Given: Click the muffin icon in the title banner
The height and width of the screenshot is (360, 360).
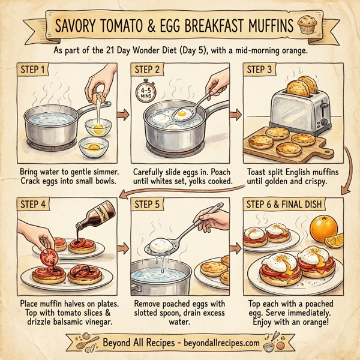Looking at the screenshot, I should (x=309, y=26).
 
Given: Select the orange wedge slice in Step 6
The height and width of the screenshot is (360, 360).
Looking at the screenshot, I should (x=334, y=241).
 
